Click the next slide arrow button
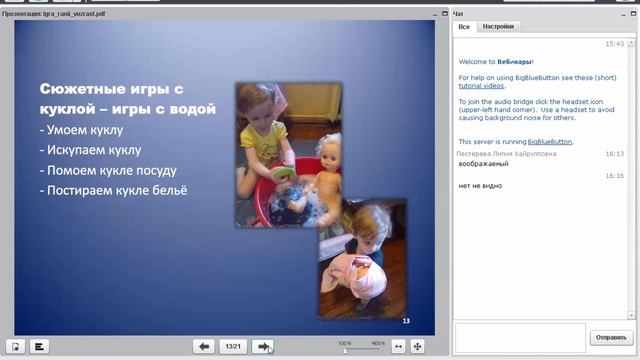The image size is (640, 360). (x=263, y=346)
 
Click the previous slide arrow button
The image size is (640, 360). (x=204, y=346)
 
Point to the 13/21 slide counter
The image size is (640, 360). (x=233, y=346)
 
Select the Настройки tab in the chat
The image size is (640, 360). (x=497, y=26)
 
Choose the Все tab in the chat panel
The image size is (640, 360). (x=464, y=26)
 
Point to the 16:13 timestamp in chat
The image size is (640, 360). (x=614, y=154)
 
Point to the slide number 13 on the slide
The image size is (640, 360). (x=406, y=320)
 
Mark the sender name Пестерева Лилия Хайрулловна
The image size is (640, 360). (x=506, y=154)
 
